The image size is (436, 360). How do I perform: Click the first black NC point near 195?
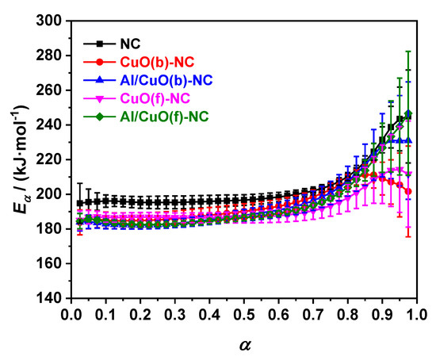pyautogui.click(x=79, y=203)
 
